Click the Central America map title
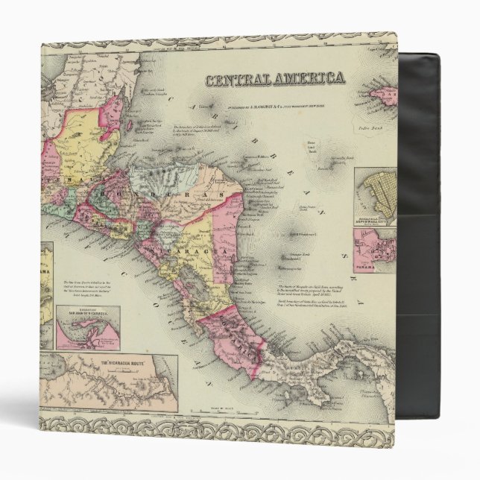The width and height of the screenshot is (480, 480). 276,78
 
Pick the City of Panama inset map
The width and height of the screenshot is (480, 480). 373,249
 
